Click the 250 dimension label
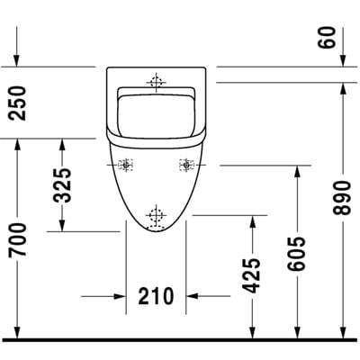[17, 103]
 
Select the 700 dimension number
[17, 240]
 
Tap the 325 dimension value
[62, 185]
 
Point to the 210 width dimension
[156, 296]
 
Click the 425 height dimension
[251, 275]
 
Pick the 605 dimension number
[296, 254]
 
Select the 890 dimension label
[342, 198]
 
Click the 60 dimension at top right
[327, 37]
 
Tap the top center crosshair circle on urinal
[156, 82]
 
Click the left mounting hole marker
[126, 165]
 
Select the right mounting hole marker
[186, 165]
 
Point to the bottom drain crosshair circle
[156, 215]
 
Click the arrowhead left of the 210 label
[120, 296]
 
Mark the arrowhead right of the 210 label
[193, 296]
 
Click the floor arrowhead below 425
[253, 332]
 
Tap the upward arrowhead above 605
[297, 171]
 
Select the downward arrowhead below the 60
[343, 60]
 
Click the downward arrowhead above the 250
[17, 60]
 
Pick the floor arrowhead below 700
[17, 332]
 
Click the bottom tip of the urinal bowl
[156, 232]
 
